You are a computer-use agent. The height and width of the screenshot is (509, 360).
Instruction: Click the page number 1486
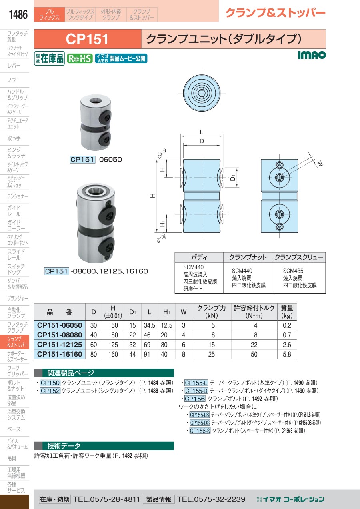(x=18, y=14)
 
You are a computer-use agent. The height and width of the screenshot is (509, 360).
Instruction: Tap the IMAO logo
(x=312, y=55)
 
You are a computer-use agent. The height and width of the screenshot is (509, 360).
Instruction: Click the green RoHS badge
(x=80, y=59)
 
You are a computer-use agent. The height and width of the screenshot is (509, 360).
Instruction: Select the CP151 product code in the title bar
(x=87, y=39)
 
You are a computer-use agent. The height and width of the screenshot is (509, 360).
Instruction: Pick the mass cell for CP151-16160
(x=287, y=354)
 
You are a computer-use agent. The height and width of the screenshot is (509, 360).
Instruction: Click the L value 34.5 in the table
(x=150, y=325)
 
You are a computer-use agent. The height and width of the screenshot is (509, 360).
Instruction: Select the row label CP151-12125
(x=60, y=345)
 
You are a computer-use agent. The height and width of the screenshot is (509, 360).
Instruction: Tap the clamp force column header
(x=212, y=312)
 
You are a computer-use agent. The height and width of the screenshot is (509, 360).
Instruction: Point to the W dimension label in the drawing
(x=320, y=163)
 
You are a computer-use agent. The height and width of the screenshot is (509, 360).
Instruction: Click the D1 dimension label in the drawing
(x=233, y=178)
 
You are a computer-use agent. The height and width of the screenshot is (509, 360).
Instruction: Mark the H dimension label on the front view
(x=153, y=196)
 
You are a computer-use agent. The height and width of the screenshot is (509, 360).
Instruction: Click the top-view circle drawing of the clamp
(x=202, y=93)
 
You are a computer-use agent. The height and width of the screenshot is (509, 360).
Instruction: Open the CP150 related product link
(x=50, y=383)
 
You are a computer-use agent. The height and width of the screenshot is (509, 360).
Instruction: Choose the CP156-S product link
(x=200, y=431)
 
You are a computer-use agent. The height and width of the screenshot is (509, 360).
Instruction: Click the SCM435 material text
(x=293, y=271)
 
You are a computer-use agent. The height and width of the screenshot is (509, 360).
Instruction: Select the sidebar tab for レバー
(x=14, y=66)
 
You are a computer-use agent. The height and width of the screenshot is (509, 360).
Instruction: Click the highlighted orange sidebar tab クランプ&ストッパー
(x=14, y=342)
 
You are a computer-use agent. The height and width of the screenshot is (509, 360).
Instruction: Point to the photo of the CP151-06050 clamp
(x=96, y=122)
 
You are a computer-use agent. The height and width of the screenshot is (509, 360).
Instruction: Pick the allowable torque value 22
(x=254, y=345)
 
